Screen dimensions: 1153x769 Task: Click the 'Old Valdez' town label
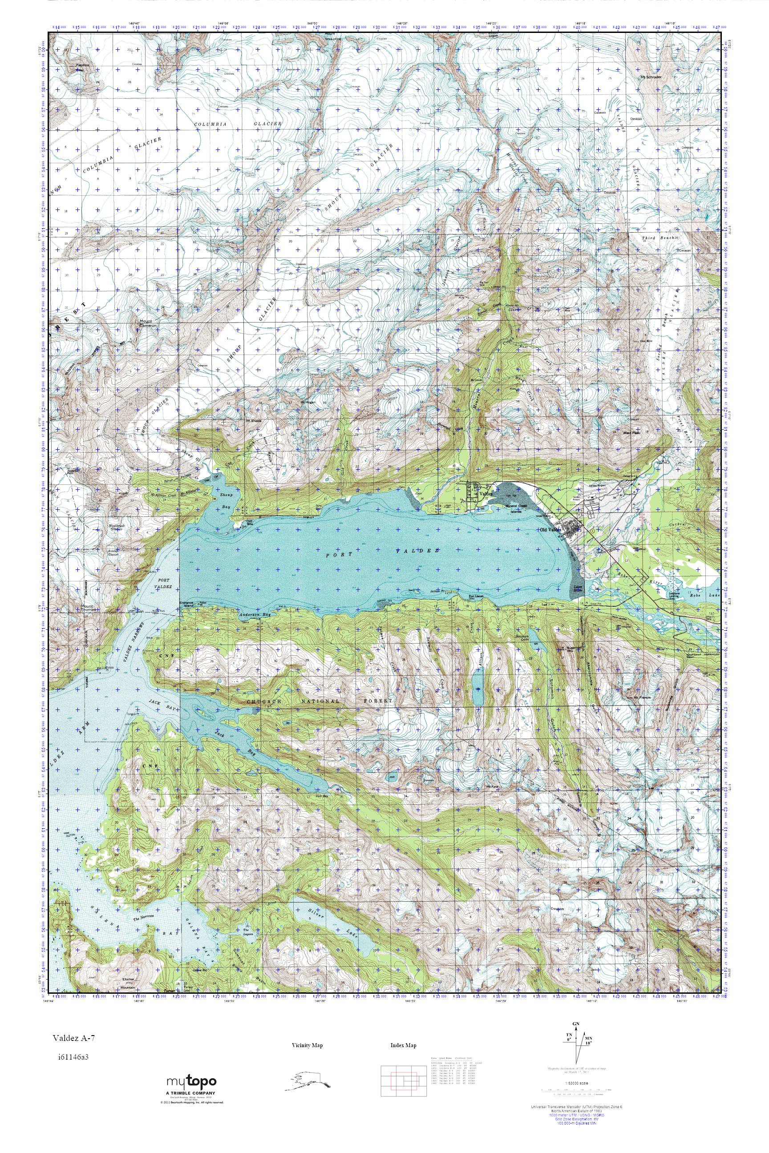550,530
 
